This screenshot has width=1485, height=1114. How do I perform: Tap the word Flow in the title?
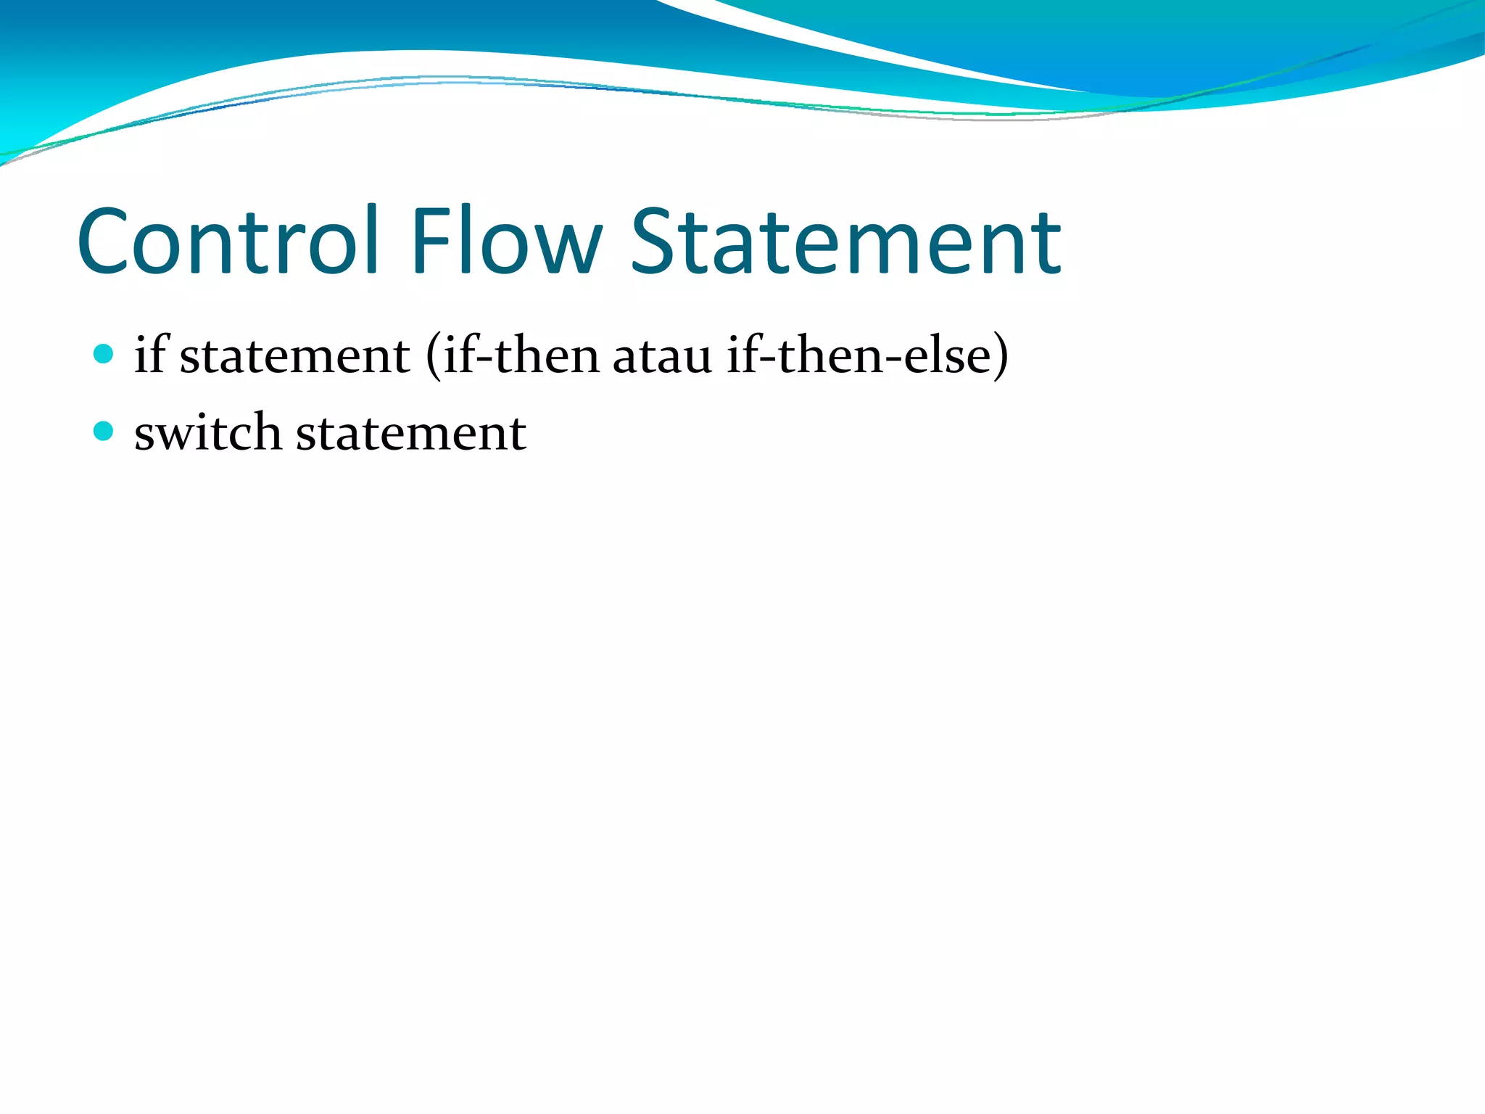[506, 241]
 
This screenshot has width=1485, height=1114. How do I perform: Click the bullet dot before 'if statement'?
[104, 354]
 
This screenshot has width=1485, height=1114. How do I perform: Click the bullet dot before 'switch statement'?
[104, 432]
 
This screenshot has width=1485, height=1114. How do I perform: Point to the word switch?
[207, 432]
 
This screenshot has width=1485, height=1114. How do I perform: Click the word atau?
[662, 356]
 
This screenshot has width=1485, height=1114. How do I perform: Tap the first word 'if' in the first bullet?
[151, 355]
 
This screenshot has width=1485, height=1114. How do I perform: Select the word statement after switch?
[411, 434]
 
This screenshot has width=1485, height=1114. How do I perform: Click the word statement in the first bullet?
[294, 356]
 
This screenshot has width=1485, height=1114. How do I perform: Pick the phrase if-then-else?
[859, 355]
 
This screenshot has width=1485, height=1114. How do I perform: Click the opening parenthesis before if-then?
[433, 356]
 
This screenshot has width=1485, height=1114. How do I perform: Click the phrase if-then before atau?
[521, 355]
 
